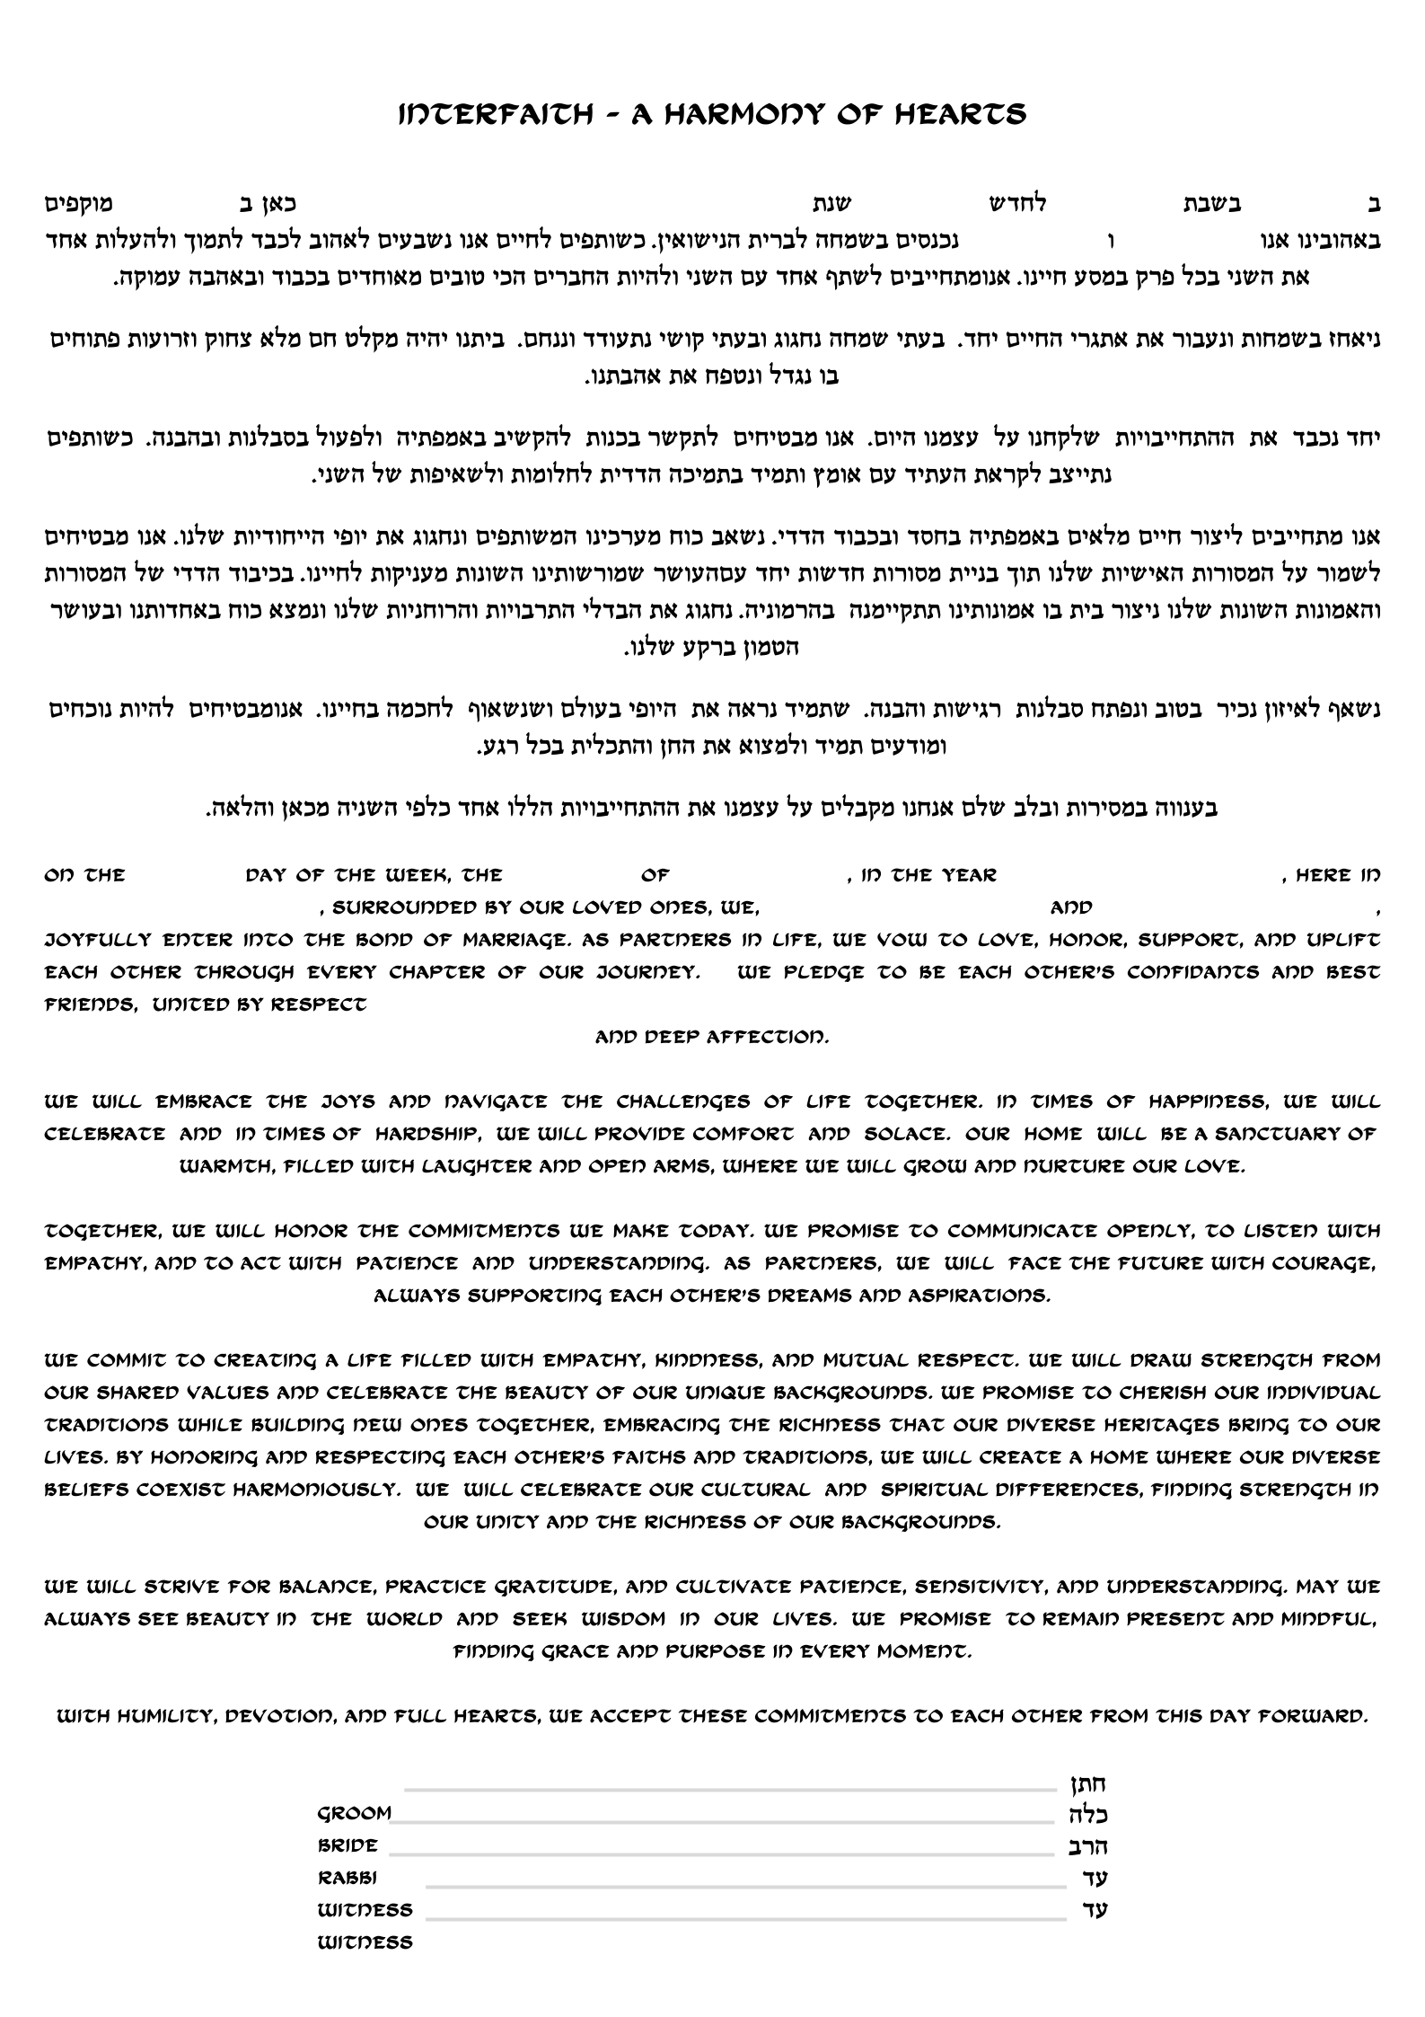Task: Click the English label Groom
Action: (x=354, y=1813)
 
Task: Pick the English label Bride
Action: (x=347, y=1845)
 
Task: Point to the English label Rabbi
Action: (x=347, y=1878)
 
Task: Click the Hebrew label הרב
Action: (x=1088, y=1846)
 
